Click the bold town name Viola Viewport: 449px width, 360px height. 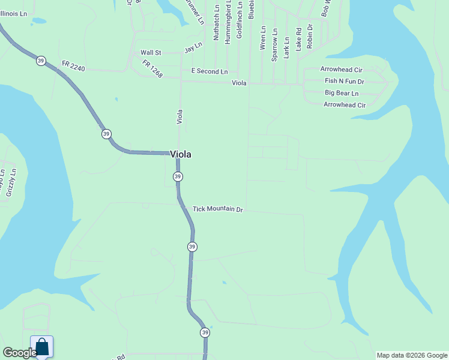pyautogui.click(x=181, y=154)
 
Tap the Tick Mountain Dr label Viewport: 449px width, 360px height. pyautogui.click(x=217, y=209)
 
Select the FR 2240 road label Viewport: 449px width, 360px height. pyautogui.click(x=73, y=66)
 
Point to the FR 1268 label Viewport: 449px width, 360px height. pyautogui.click(x=152, y=69)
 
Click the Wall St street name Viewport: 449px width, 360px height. pyautogui.click(x=151, y=53)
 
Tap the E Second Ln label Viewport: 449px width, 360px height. pyautogui.click(x=209, y=71)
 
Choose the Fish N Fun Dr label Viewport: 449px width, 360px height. pyautogui.click(x=345, y=81)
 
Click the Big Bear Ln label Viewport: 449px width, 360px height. pyautogui.click(x=342, y=93)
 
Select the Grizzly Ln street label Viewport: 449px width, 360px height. pyautogui.click(x=10, y=182)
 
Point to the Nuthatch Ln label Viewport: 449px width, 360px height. pyautogui.click(x=216, y=23)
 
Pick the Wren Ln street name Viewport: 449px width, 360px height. pyautogui.click(x=262, y=37)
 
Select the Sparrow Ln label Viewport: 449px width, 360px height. pyautogui.click(x=274, y=44)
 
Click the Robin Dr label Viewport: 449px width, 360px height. pyautogui.click(x=310, y=36)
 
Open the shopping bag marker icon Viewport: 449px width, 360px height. pyautogui.click(x=41, y=347)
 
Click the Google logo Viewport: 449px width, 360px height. pyautogui.click(x=19, y=353)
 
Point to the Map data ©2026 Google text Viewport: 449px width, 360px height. pyautogui.click(x=412, y=355)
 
